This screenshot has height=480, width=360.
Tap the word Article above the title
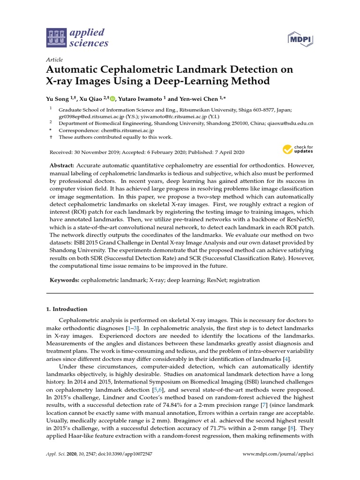(x=54, y=60)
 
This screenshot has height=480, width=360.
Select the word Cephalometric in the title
(x=146, y=70)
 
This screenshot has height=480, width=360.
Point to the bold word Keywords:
(x=65, y=280)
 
